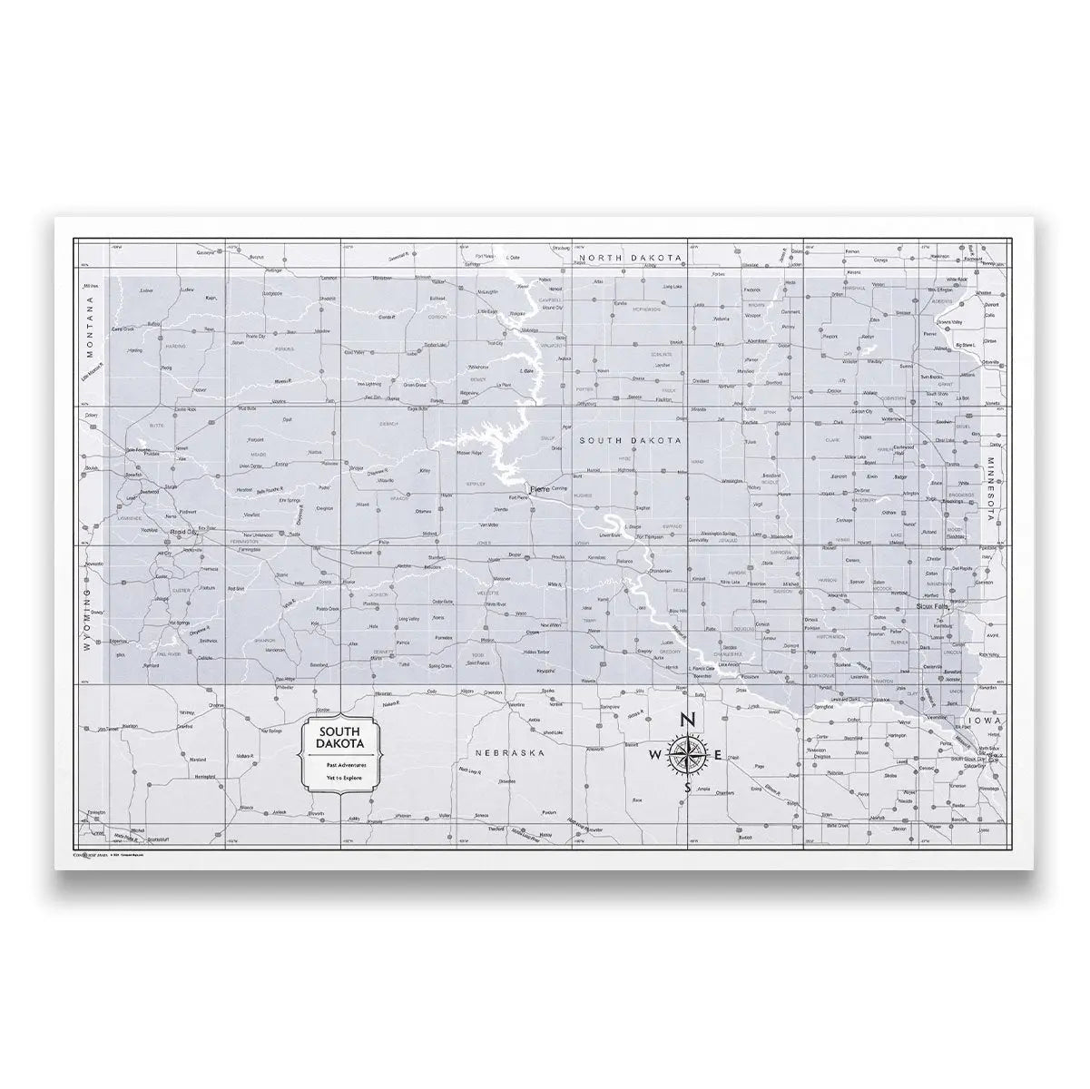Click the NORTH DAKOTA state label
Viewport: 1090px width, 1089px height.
631,259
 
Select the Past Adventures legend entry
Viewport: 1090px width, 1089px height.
340,765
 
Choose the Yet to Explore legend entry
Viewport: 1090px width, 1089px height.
340,779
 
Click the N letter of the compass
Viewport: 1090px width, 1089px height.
687,720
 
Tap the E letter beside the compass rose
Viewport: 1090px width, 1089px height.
719,755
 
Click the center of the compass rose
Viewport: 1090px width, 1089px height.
687,755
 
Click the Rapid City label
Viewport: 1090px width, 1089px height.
172,533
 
